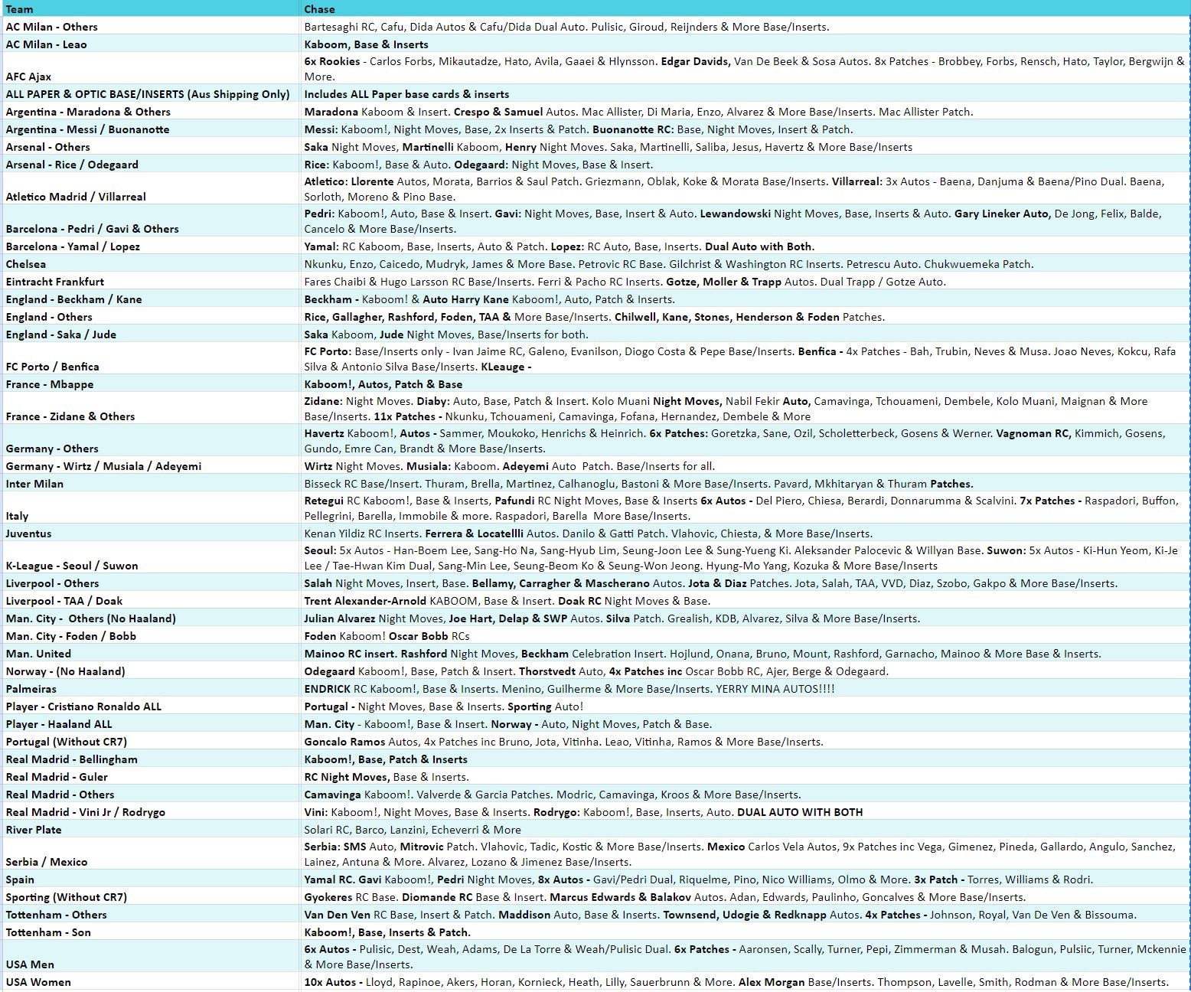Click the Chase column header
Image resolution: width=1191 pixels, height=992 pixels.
pyautogui.click(x=319, y=9)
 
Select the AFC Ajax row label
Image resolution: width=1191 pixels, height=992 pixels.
pyautogui.click(x=28, y=77)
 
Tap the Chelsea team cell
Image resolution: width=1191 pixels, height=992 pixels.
pyautogui.click(x=26, y=264)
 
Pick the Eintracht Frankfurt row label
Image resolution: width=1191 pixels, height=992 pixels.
pyautogui.click(x=54, y=282)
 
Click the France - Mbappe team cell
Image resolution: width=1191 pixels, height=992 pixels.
pyautogui.click(x=50, y=384)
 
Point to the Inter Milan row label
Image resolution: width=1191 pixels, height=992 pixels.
pyautogui.click(x=34, y=484)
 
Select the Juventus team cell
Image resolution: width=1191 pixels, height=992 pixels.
pyautogui.click(x=28, y=534)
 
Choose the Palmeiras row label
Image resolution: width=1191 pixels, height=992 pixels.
pyautogui.click(x=31, y=689)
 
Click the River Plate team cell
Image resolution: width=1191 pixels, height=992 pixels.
pyautogui.click(x=34, y=830)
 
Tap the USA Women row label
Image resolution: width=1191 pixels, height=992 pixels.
pyautogui.click(x=38, y=982)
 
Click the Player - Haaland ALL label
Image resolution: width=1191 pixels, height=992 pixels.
pyautogui.click(x=59, y=724)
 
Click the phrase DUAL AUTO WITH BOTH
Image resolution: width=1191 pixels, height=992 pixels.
pyautogui.click(x=800, y=812)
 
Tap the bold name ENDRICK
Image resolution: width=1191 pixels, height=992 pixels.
pyautogui.click(x=327, y=689)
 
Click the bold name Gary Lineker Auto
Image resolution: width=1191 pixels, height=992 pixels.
pyautogui.click(x=1002, y=214)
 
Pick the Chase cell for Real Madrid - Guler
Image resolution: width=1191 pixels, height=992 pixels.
pyautogui.click(x=387, y=777)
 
